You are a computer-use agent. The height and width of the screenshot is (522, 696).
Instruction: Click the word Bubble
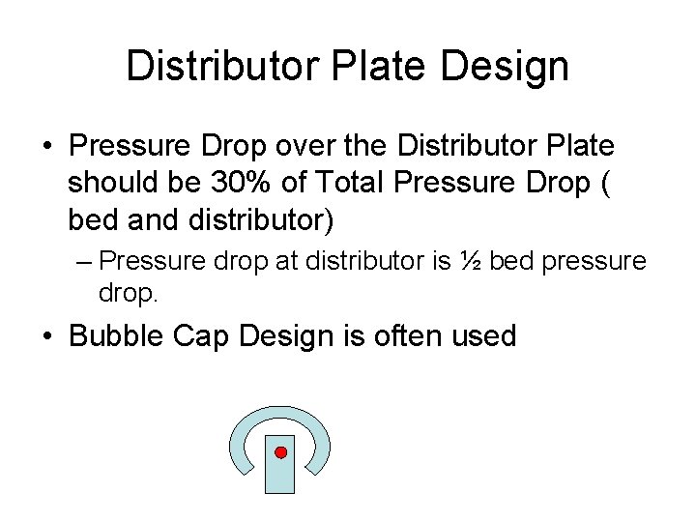point(119,336)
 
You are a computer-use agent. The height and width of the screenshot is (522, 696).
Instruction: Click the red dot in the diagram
point(280,452)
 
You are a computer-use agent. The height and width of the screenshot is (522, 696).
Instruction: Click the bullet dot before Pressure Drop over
point(47,147)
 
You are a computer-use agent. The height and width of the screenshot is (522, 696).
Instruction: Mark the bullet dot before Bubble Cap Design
point(47,337)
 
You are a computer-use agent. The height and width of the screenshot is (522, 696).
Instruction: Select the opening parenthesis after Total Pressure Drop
point(606,183)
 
